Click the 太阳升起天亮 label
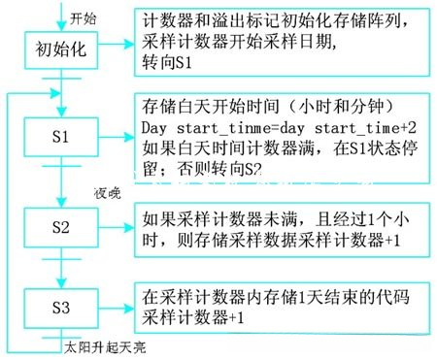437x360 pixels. click(105, 344)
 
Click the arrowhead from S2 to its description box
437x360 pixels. click(127, 225)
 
